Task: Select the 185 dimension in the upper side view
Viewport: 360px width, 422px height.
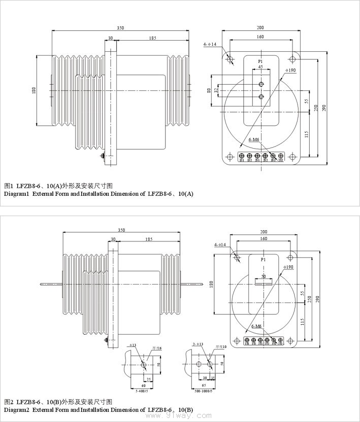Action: (x=152, y=38)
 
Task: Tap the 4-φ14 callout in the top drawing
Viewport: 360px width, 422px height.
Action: (x=210, y=45)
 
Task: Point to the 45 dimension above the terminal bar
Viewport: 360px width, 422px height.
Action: (x=260, y=67)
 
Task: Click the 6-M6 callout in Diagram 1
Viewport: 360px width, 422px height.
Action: (x=254, y=139)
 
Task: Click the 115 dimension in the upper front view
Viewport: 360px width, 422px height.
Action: (x=306, y=134)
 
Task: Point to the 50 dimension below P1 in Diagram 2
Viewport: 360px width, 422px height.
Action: (x=263, y=276)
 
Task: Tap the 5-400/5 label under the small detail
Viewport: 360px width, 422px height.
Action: (x=142, y=391)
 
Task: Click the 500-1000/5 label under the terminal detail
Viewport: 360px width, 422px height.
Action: (x=204, y=391)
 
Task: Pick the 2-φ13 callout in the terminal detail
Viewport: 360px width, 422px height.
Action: (x=198, y=344)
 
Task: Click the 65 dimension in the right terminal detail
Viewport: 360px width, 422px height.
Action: (x=204, y=385)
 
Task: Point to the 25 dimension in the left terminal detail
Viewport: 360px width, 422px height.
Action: (x=148, y=379)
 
